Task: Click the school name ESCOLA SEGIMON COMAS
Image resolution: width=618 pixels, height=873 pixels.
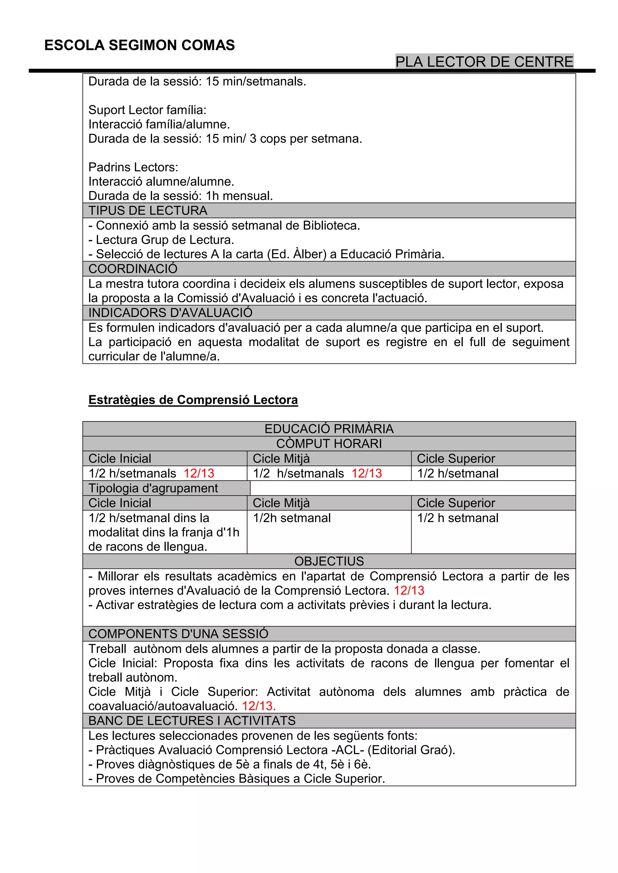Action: (x=139, y=45)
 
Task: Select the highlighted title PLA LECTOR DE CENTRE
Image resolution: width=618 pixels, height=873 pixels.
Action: (x=484, y=61)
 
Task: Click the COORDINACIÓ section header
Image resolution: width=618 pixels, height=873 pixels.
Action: (x=133, y=269)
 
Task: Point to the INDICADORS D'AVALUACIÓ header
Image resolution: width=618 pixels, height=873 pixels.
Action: (x=170, y=313)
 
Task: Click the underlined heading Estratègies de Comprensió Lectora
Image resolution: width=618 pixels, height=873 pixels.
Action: (x=193, y=400)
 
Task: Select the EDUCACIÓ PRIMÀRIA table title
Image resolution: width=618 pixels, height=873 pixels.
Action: (x=329, y=429)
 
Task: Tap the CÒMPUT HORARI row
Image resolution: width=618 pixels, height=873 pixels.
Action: (x=329, y=444)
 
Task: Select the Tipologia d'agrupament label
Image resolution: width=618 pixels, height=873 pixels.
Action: (x=153, y=488)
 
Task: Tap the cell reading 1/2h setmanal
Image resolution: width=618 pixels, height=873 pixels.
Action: (x=292, y=518)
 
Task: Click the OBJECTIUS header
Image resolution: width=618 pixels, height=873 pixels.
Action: (x=329, y=561)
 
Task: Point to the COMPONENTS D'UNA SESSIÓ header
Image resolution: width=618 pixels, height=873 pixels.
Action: (x=178, y=634)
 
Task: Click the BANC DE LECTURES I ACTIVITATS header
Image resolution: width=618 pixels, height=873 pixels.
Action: (x=192, y=720)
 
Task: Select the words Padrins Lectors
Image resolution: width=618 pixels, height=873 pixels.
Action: (x=133, y=167)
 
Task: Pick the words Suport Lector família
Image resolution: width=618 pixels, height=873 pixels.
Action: (x=147, y=110)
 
